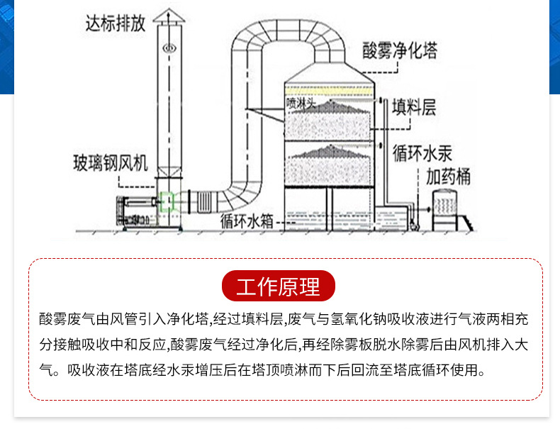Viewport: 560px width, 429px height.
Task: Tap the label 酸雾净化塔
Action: click(x=399, y=51)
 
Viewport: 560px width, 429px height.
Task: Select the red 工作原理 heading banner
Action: click(x=278, y=286)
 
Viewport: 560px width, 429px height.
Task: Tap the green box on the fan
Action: click(x=167, y=202)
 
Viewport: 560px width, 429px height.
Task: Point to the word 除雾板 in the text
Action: click(x=359, y=345)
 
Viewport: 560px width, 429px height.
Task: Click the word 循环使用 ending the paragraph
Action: click(x=456, y=369)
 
